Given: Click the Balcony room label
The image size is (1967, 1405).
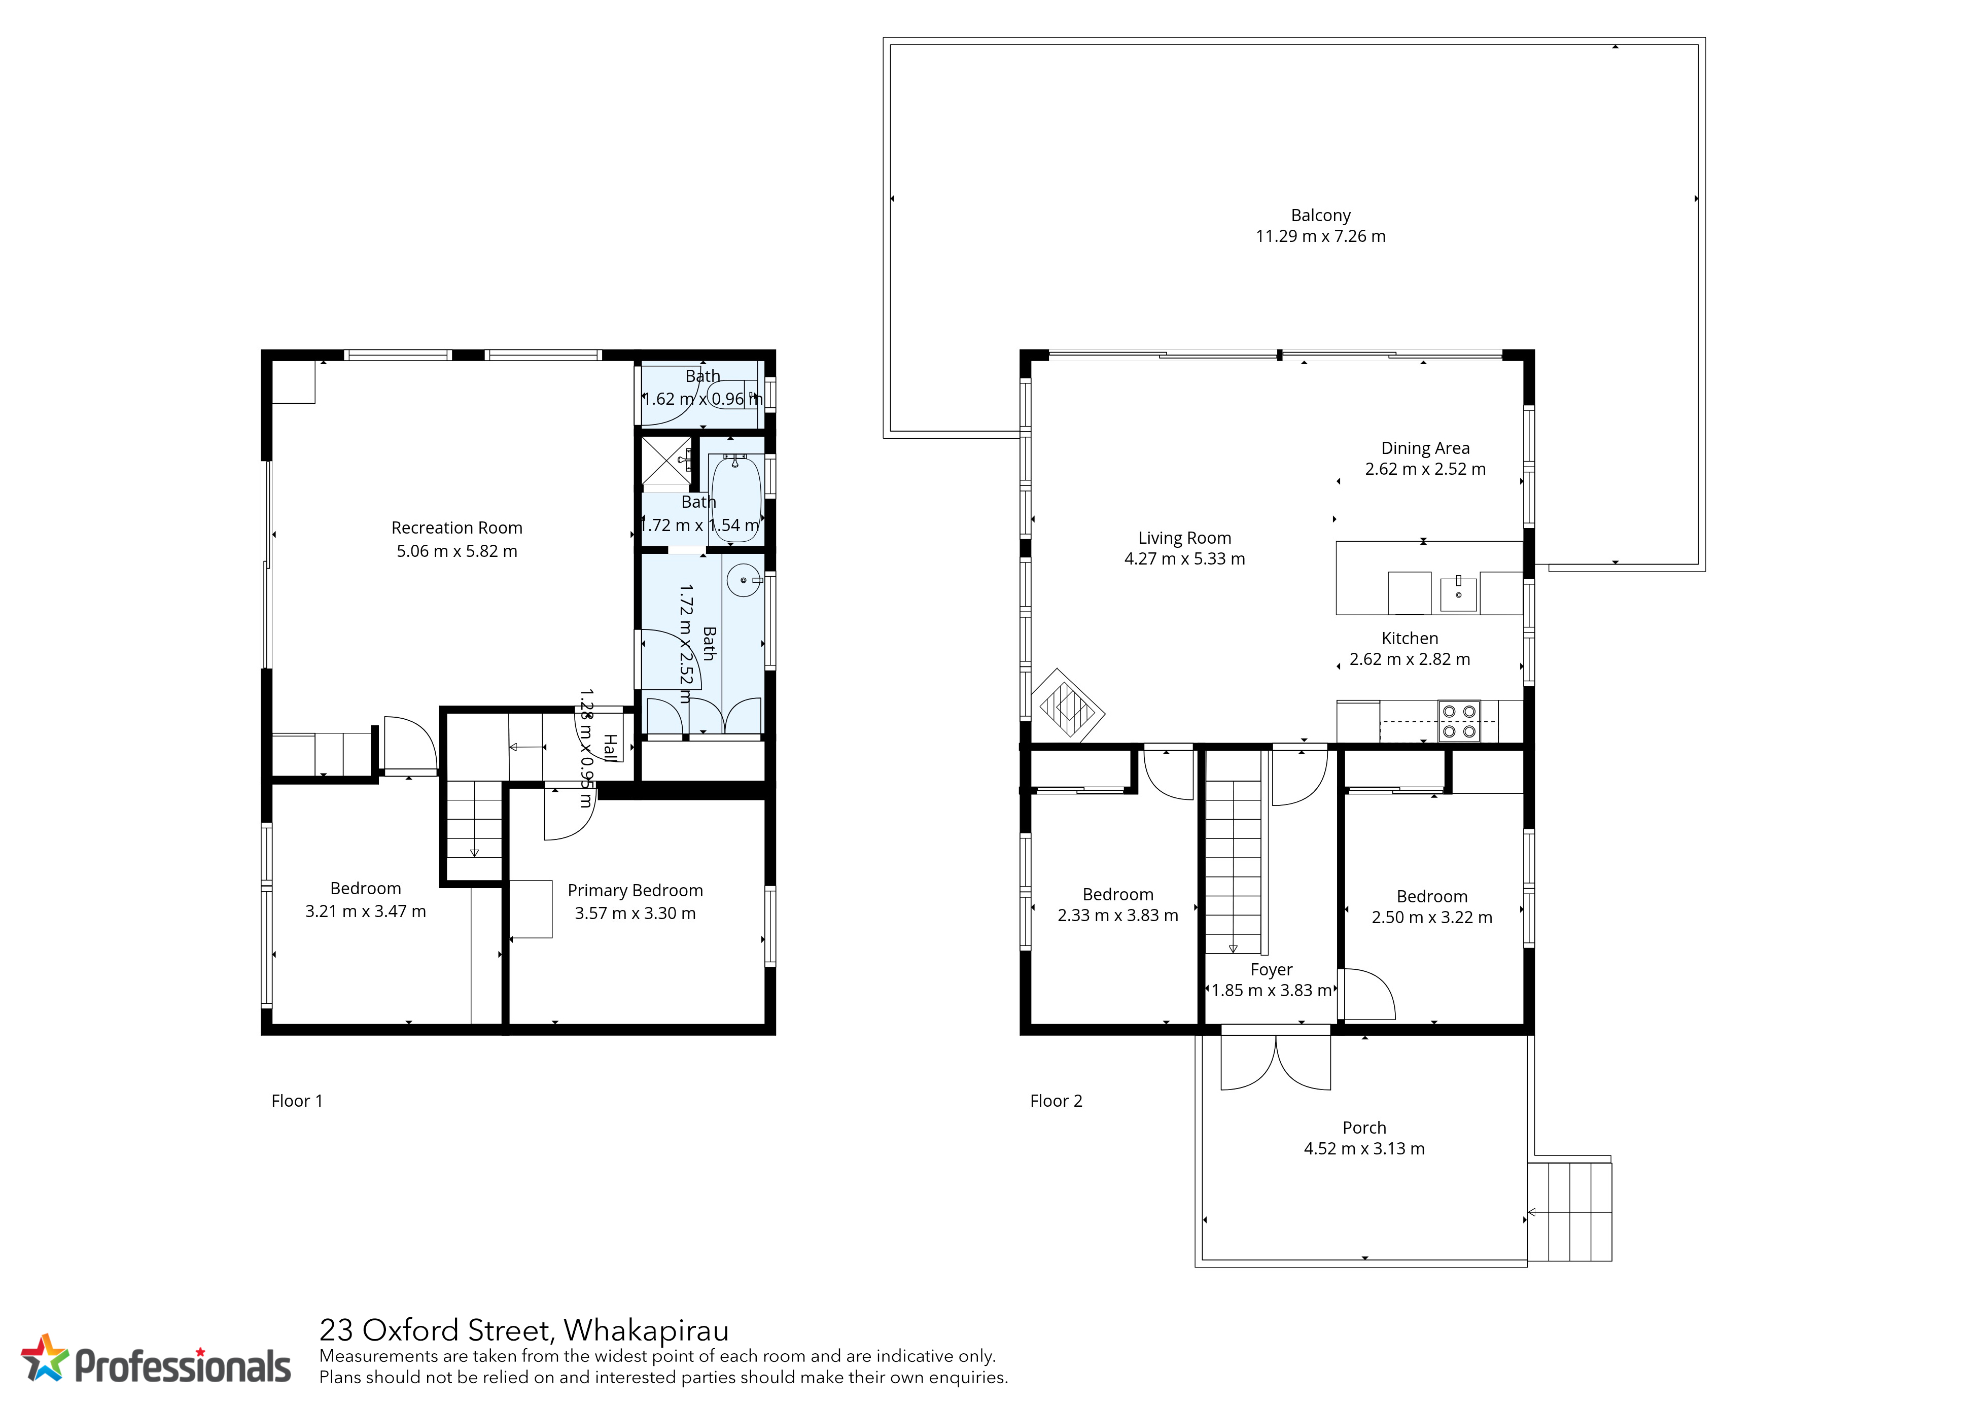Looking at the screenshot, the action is click(x=1320, y=216).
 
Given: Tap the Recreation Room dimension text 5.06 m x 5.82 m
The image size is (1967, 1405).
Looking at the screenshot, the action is click(x=456, y=551).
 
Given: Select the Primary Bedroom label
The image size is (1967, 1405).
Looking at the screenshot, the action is click(x=635, y=890).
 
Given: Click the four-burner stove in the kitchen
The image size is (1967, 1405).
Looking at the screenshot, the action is click(x=1458, y=721).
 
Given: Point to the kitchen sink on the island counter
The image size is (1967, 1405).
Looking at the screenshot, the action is click(x=1458, y=592).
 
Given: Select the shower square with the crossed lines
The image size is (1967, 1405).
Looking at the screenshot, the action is click(x=666, y=461).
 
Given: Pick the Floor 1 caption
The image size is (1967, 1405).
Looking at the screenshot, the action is click(x=297, y=1101).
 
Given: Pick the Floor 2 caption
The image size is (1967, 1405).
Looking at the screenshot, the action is click(x=1056, y=1101).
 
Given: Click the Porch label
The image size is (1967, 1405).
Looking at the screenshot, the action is click(x=1364, y=1127).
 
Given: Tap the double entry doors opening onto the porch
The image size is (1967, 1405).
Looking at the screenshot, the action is click(x=1276, y=1063).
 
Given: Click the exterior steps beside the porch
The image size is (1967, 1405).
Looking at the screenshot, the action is click(x=1569, y=1211).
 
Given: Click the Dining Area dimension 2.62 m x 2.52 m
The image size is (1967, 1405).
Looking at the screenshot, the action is click(x=1425, y=469).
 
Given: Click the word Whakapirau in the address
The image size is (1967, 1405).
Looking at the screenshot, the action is click(x=646, y=1330).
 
